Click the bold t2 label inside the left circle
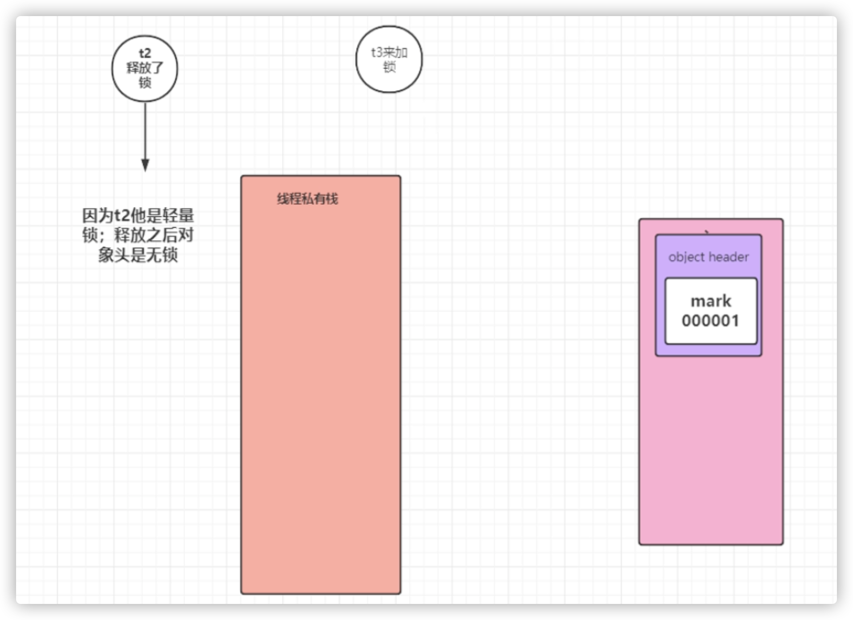click(x=145, y=54)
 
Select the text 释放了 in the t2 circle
click(x=145, y=68)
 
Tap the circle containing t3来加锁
click(x=389, y=59)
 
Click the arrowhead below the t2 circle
click(x=145, y=165)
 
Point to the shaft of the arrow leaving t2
click(x=145, y=130)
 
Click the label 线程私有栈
click(x=307, y=199)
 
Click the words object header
click(x=708, y=257)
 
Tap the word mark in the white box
click(x=711, y=301)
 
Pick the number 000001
click(x=710, y=320)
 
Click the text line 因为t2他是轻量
click(x=138, y=216)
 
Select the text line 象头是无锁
click(x=138, y=255)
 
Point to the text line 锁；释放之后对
click(x=138, y=235)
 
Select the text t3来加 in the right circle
click(x=389, y=53)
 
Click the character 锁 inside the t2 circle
click(x=145, y=83)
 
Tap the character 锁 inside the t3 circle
click(x=389, y=67)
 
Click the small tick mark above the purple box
click(x=707, y=232)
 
